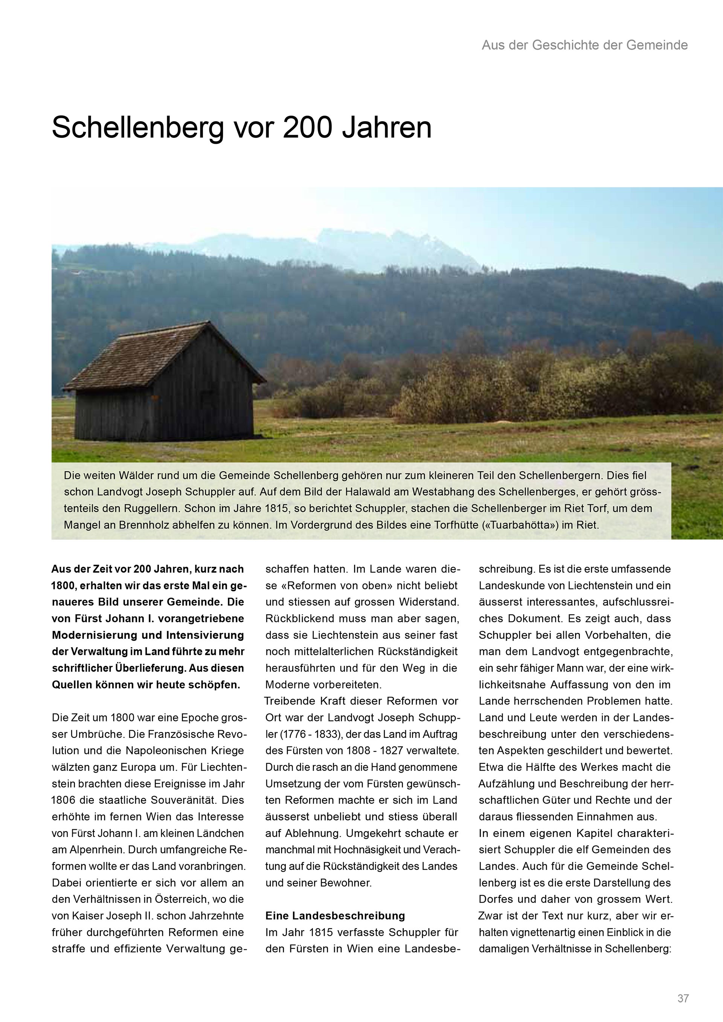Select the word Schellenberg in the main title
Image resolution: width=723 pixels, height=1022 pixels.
[x=137, y=128]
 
